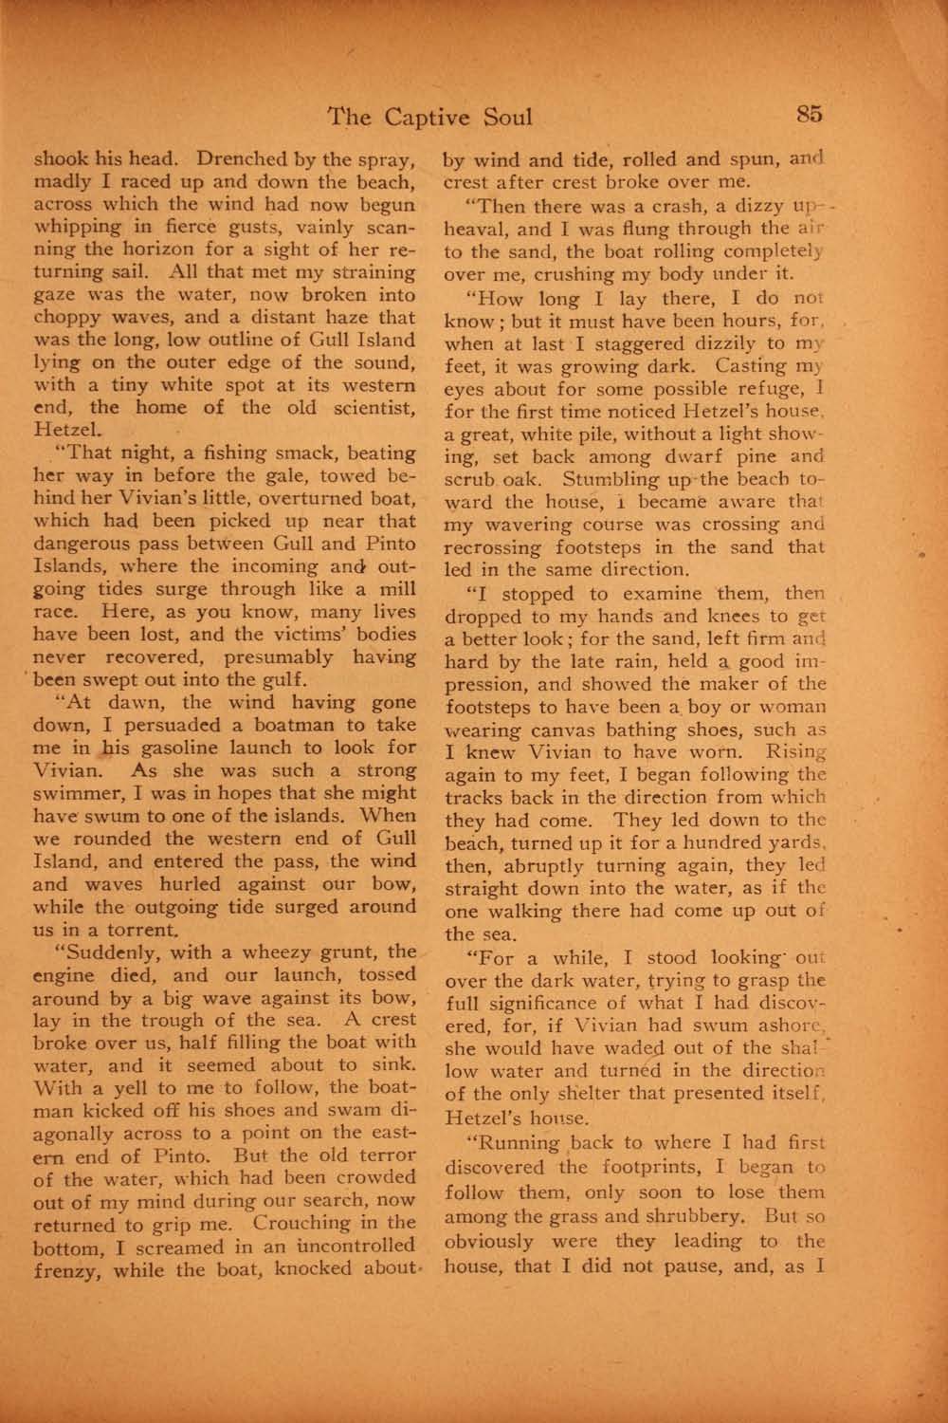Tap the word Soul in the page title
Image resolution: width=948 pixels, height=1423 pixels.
504,117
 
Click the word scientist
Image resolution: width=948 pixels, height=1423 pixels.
366,407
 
